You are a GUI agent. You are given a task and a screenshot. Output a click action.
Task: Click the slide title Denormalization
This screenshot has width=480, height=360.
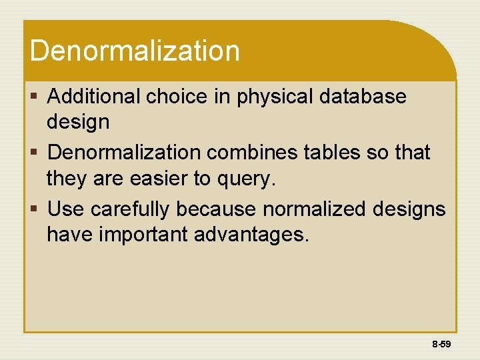135,51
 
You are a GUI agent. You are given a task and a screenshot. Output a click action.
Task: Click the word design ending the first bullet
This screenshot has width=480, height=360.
78,121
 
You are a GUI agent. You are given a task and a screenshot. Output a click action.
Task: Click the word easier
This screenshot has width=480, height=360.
158,178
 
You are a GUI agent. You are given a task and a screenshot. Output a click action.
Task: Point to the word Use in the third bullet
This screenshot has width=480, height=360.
66,209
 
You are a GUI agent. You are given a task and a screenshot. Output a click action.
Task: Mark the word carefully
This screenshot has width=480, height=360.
131,209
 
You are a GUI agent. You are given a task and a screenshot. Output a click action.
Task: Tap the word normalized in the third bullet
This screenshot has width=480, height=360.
313,209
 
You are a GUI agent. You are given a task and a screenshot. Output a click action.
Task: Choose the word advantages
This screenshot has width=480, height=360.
257,234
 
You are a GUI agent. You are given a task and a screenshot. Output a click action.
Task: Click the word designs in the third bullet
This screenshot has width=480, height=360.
408,209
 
